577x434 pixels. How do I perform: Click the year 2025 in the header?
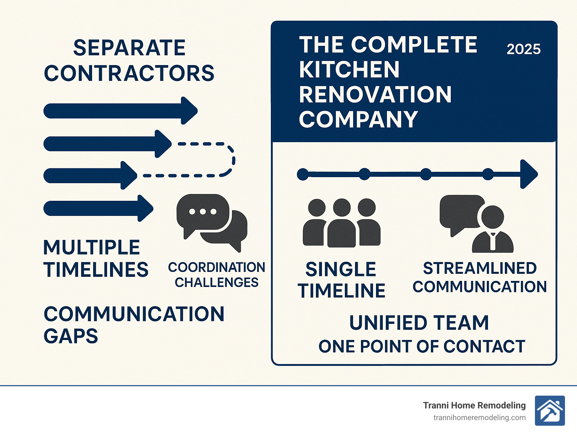[x=523, y=49]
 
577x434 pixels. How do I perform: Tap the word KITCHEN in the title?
[x=349, y=70]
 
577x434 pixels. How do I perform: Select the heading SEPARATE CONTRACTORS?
[x=129, y=61]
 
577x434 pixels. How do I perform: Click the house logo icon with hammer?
[x=550, y=411]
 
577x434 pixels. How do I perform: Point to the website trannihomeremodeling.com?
[x=479, y=418]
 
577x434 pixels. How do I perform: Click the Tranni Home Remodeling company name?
[x=474, y=405]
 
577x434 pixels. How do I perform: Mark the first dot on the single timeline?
[x=303, y=175]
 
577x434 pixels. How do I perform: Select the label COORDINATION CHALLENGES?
[x=216, y=275]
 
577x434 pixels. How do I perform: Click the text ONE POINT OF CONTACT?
[x=421, y=346]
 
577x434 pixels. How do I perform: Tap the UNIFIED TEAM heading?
[x=419, y=323]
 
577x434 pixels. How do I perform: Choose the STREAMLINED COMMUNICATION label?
[x=479, y=278]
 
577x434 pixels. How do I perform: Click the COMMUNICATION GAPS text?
[x=134, y=325]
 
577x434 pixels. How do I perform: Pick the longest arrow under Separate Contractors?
[x=120, y=111]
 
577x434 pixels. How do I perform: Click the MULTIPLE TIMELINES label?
[x=95, y=259]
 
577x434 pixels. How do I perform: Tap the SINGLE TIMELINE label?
[x=341, y=280]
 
